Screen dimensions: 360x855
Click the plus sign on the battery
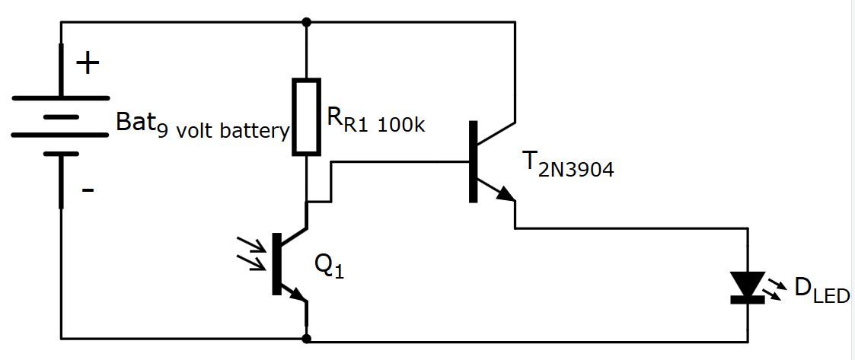(88, 63)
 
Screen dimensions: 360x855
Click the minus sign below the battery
(88, 189)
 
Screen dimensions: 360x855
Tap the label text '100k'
(400, 124)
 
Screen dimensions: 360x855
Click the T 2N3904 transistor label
(567, 165)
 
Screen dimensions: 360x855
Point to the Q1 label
(329, 265)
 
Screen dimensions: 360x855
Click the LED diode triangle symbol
(747, 285)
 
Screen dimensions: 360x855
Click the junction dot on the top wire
(306, 21)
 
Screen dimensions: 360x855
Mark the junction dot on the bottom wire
(306, 338)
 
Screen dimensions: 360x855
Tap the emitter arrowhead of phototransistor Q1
(298, 295)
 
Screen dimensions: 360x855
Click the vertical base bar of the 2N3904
(474, 161)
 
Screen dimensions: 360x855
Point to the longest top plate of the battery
(60, 97)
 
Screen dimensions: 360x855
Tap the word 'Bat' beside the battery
(130, 122)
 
